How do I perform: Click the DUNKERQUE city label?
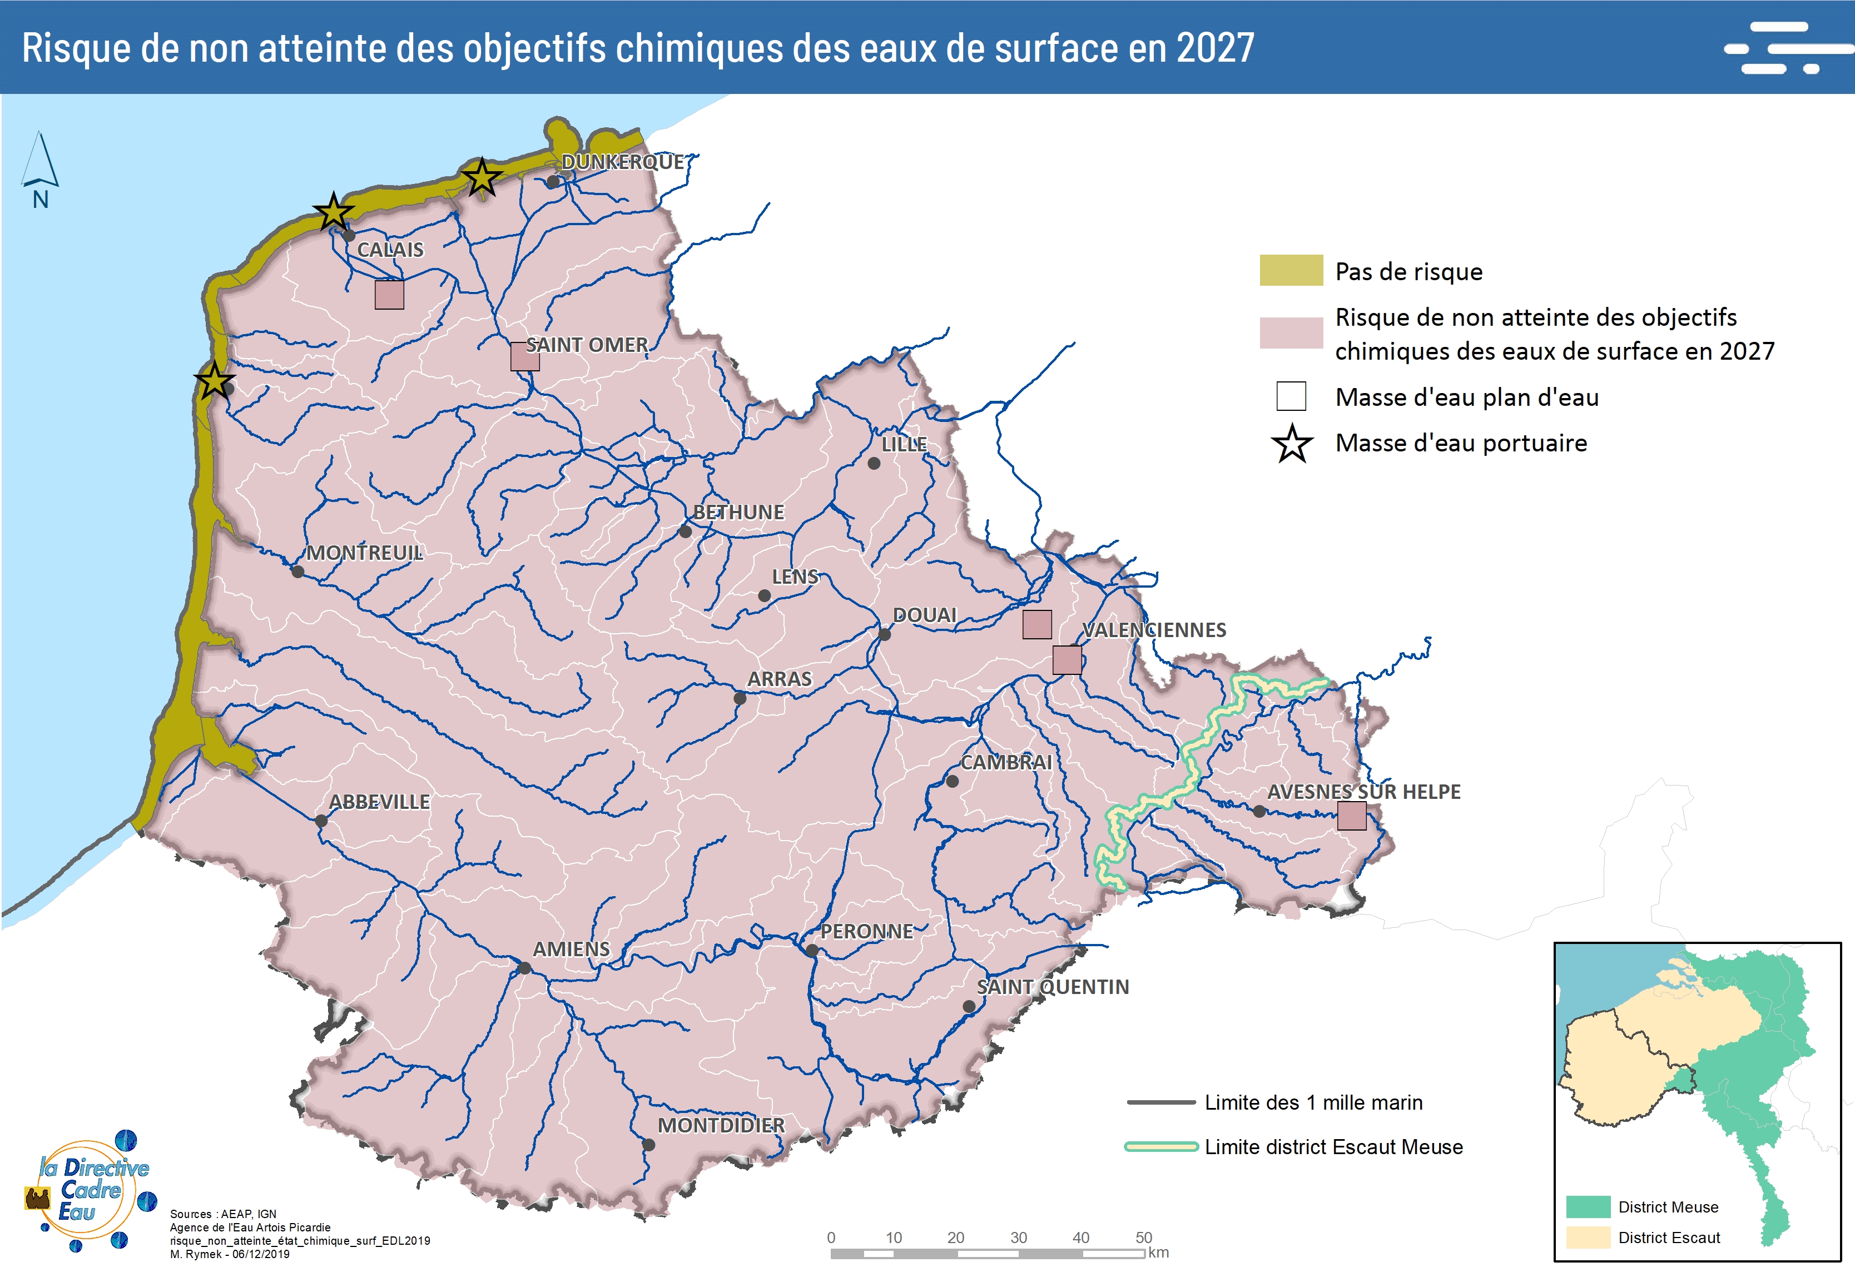click(x=623, y=162)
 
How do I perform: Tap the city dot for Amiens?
click(x=524, y=968)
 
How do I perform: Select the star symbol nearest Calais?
click(x=333, y=213)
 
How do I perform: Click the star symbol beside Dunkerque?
click(x=482, y=177)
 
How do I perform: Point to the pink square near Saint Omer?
click(x=524, y=356)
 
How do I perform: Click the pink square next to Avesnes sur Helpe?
click(x=1352, y=816)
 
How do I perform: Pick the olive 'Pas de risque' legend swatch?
click(x=1291, y=270)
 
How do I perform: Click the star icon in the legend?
click(x=1291, y=444)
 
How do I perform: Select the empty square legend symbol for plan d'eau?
click(x=1291, y=397)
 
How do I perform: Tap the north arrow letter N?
click(x=41, y=200)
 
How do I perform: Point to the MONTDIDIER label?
click(x=720, y=1126)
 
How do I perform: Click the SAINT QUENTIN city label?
click(x=1053, y=987)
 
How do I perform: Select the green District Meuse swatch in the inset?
click(x=1587, y=1207)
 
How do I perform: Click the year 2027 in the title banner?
click(x=1214, y=48)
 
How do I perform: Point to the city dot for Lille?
click(x=874, y=464)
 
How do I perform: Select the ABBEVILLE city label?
click(x=379, y=802)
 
